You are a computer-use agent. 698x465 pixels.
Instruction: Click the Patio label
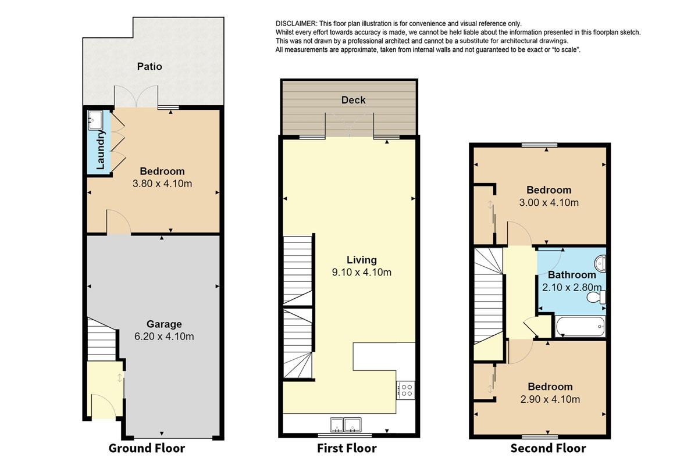[x=149, y=66]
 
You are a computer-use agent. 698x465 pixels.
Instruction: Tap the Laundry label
[x=100, y=150]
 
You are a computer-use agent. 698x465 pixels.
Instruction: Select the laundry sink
[x=95, y=120]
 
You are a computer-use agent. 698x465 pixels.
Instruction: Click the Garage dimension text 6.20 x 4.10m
[x=164, y=337]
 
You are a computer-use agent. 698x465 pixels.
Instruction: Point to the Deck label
[x=354, y=100]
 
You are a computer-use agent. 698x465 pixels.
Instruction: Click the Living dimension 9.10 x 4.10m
[x=361, y=273]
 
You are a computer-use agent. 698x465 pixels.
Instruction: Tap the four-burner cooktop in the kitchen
[x=405, y=390]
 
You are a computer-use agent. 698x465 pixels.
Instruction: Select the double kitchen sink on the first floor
[x=346, y=425]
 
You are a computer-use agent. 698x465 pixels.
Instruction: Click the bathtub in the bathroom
[x=581, y=327]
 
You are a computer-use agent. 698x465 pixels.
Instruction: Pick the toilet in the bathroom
[x=596, y=297]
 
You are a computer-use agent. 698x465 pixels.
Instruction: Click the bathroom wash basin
[x=600, y=263]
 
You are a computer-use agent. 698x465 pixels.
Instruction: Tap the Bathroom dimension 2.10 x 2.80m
[x=572, y=287]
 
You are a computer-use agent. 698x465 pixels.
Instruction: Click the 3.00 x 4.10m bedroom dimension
[x=549, y=203]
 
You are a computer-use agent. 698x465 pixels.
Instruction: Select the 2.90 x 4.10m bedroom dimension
[x=550, y=399]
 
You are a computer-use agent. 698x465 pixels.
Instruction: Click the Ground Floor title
[x=147, y=448]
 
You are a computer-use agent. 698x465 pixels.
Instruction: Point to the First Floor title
[x=347, y=448]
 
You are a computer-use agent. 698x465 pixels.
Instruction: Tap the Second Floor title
[x=548, y=448]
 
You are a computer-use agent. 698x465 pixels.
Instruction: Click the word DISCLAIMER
[x=296, y=24]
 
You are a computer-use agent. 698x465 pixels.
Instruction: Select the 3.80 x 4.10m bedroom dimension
[x=162, y=184]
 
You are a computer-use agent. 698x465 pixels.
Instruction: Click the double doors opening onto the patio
[x=136, y=96]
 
